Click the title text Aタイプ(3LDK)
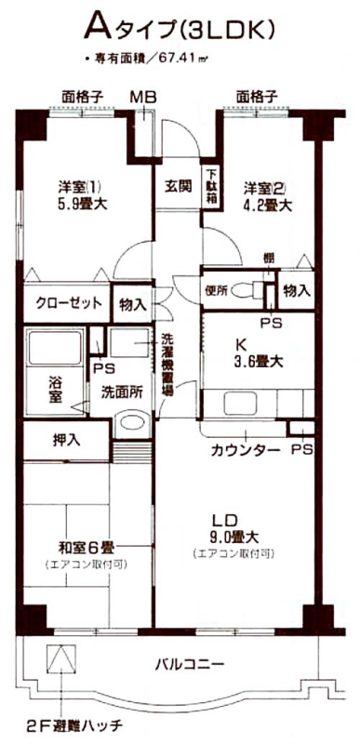[x=180, y=29]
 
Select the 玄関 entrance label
[x=179, y=185]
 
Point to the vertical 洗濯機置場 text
[x=167, y=364]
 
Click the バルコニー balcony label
[x=190, y=664]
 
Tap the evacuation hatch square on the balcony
[x=61, y=659]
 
